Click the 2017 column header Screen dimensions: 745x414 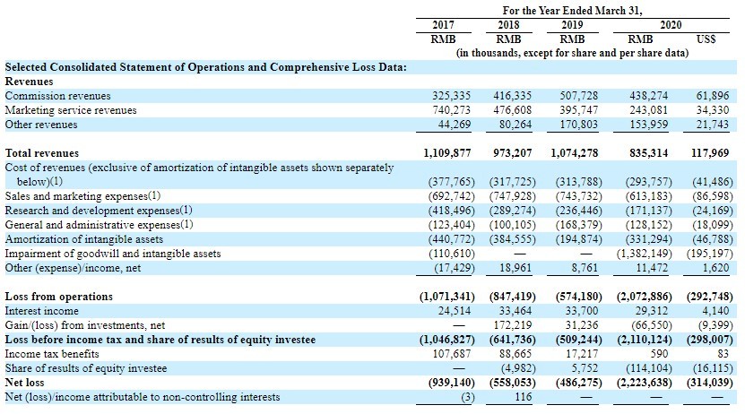pyautogui.click(x=443, y=25)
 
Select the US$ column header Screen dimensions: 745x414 pyautogui.click(x=706, y=39)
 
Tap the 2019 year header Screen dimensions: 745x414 pyautogui.click(x=572, y=25)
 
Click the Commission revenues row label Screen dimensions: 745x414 pyautogui.click(x=57, y=96)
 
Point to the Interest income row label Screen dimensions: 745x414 pyautogui.click(x=42, y=311)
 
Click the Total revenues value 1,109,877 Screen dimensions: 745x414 pyautogui.click(x=446, y=153)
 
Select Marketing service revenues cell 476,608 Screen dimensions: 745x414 pyautogui.click(x=512, y=110)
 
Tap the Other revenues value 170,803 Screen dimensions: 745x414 pyautogui.click(x=579, y=125)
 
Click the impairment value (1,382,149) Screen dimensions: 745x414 pyautogui.click(x=645, y=254)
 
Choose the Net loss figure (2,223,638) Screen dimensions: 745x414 pyautogui.click(x=645, y=383)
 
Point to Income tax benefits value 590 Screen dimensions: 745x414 pyautogui.click(x=659, y=354)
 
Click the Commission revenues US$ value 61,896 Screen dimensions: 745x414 pyautogui.click(x=713, y=96)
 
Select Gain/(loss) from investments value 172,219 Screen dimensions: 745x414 pyautogui.click(x=512, y=325)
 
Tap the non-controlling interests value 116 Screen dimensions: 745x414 pyautogui.click(x=524, y=397)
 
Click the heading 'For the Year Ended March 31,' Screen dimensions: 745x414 pyautogui.click(x=573, y=11)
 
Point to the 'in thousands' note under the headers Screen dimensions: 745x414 pyautogui.click(x=572, y=53)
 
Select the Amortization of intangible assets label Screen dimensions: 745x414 pyautogui.click(x=84, y=239)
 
